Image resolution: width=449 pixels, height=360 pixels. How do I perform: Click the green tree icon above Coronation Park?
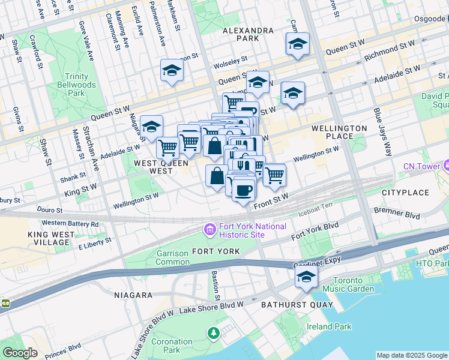(x=212, y=332)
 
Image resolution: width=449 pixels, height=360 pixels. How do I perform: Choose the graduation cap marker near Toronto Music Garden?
(x=306, y=277)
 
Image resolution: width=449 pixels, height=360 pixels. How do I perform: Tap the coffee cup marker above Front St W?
(x=243, y=191)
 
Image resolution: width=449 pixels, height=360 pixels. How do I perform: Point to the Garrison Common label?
(x=172, y=257)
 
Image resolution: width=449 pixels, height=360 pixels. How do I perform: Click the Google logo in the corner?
(x=20, y=353)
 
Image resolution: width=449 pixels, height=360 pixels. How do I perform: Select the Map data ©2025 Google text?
(x=411, y=355)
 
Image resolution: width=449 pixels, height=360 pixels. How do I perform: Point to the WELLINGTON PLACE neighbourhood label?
(x=339, y=133)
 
